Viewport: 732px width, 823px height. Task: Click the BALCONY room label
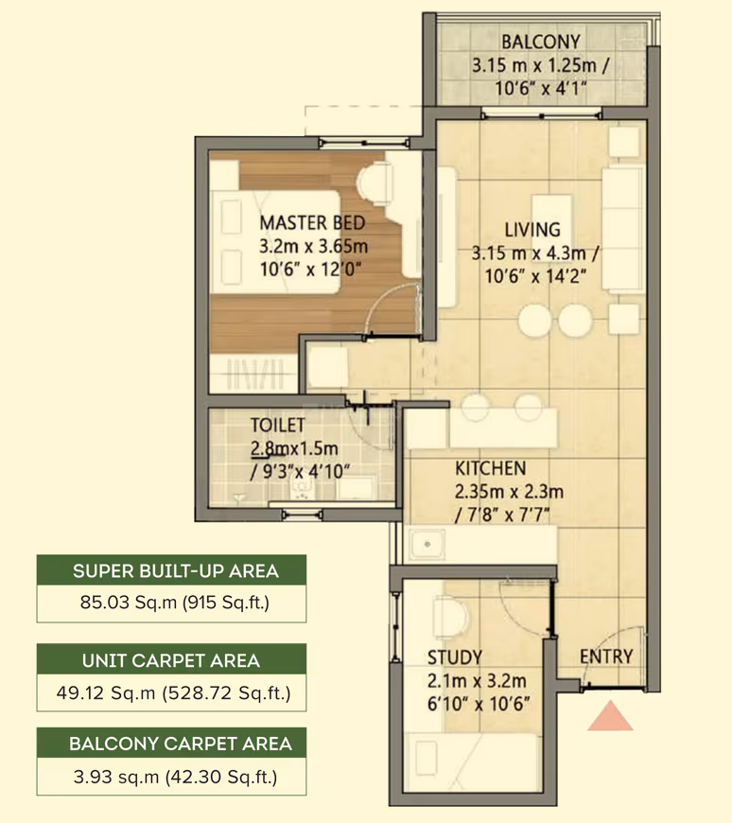click(540, 42)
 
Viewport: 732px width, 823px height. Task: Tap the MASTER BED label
click(312, 223)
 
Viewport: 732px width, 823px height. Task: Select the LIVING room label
click(532, 230)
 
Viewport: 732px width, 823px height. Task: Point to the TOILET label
click(278, 425)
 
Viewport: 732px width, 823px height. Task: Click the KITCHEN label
click(491, 468)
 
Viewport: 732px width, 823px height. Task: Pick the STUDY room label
click(454, 657)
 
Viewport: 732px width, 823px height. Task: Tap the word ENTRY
click(606, 657)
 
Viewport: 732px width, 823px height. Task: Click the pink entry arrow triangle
click(610, 716)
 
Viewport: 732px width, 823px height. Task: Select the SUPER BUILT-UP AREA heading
click(176, 571)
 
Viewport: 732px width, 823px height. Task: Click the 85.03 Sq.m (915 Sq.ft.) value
click(175, 603)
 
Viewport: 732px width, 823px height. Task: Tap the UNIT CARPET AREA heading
click(171, 660)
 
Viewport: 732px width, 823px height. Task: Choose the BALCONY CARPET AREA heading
click(181, 744)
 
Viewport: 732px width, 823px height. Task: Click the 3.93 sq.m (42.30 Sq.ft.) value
click(175, 777)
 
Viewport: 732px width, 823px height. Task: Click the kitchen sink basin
click(427, 544)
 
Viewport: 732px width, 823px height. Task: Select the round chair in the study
click(451, 618)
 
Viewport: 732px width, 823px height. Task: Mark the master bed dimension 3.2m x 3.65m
click(313, 246)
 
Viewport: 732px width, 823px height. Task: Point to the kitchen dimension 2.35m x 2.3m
click(509, 492)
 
